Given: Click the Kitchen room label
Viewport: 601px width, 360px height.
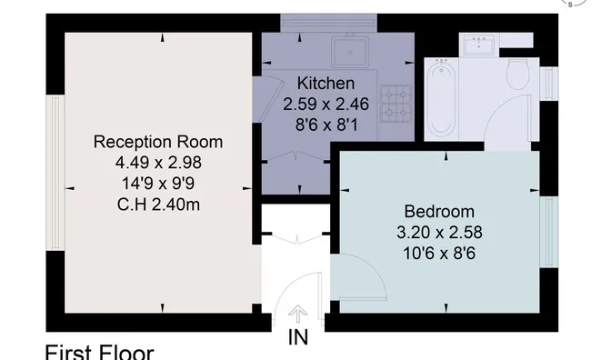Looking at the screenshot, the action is pos(326,84).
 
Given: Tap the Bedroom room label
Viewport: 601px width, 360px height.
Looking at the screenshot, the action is pos(439,212).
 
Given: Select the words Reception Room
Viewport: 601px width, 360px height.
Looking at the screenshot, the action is pos(158,142).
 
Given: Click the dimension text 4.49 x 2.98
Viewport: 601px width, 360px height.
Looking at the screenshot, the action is pos(158,163).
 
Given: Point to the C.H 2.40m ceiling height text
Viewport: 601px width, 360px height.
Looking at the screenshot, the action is pos(158,205).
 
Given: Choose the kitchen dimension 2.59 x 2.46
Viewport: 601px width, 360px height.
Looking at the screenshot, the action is pos(326,105).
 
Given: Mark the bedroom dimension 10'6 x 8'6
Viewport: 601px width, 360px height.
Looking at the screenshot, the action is pos(439,254).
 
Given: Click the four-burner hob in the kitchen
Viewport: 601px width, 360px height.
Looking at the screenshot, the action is pos(396,104).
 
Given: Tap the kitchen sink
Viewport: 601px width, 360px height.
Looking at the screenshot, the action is pos(350,51).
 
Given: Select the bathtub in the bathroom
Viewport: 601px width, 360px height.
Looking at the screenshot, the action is pos(442,99).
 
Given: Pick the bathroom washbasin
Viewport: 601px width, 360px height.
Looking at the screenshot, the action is pos(479,44).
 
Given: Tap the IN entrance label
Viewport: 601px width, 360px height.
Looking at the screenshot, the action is pos(298,337).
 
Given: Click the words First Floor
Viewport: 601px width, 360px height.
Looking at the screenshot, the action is pos(100,353).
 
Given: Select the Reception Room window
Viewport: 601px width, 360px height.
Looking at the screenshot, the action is pos(55,173).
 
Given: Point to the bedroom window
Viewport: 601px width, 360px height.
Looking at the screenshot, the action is pos(549,233).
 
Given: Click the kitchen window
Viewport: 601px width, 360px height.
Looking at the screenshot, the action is pos(328,23).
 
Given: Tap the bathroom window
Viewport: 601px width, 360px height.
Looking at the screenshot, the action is pos(549,84).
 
